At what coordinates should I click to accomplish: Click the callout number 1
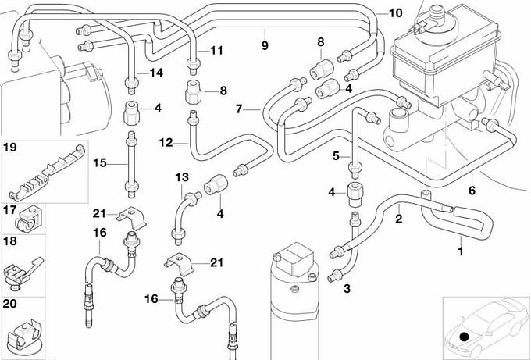(x=460, y=251)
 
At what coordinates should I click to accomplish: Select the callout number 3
(x=347, y=289)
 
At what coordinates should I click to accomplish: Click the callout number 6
(x=472, y=190)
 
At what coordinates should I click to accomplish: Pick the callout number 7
(x=241, y=109)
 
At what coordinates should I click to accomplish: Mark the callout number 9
(x=265, y=45)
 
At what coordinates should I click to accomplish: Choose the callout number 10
(x=395, y=13)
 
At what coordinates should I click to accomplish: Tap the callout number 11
(x=216, y=51)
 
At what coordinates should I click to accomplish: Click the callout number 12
(x=166, y=143)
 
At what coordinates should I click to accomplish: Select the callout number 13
(x=182, y=177)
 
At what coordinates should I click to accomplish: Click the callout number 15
(x=99, y=163)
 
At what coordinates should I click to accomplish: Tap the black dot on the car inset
(x=465, y=337)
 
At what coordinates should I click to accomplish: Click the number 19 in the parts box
(x=10, y=147)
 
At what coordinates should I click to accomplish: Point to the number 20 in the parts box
(x=10, y=302)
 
